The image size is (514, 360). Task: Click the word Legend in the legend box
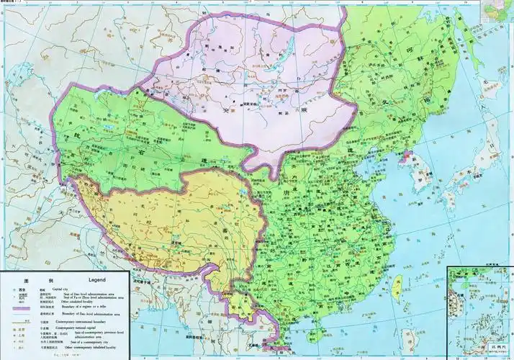96,279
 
